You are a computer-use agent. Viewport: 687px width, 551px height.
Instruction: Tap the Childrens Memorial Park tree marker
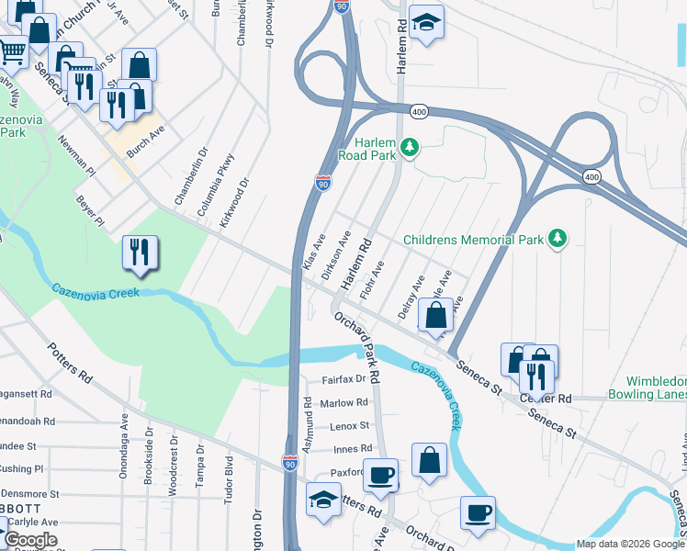coord(557,240)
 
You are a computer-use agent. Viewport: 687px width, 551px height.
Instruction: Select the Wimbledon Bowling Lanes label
coord(656,388)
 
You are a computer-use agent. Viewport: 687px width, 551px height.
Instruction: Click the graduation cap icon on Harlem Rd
coord(425,22)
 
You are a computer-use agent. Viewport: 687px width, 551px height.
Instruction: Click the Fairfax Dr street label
coord(343,378)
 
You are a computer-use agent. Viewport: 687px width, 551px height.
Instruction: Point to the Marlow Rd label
coord(343,402)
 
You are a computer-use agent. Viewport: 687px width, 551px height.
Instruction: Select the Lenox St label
coord(349,426)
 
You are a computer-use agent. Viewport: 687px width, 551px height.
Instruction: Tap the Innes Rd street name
coord(352,449)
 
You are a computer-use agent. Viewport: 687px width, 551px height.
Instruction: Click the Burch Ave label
coord(145,142)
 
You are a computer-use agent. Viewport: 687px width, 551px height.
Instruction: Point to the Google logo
coord(31,540)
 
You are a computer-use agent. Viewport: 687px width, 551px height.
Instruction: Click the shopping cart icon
coord(11,51)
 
